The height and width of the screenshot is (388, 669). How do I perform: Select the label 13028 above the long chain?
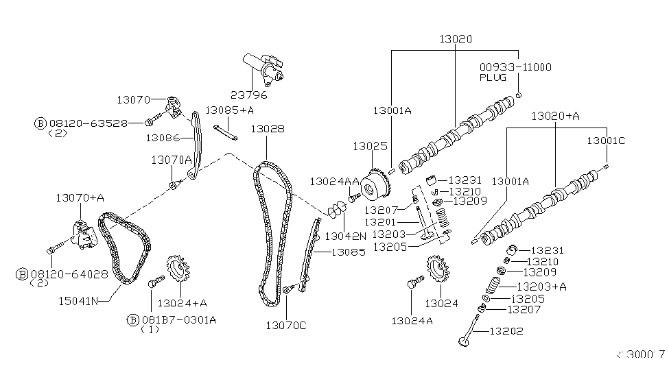pyautogui.click(x=268, y=128)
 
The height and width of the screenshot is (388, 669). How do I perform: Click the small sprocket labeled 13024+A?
pyautogui.click(x=177, y=274)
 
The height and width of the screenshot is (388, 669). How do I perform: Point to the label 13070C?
pyautogui.click(x=287, y=325)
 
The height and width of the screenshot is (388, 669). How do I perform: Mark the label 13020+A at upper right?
pyautogui.click(x=555, y=117)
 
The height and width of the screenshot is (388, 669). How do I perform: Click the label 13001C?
pyautogui.click(x=606, y=141)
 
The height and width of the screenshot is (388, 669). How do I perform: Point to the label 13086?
pyautogui.click(x=163, y=138)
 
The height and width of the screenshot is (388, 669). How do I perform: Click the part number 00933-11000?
pyautogui.click(x=515, y=67)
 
